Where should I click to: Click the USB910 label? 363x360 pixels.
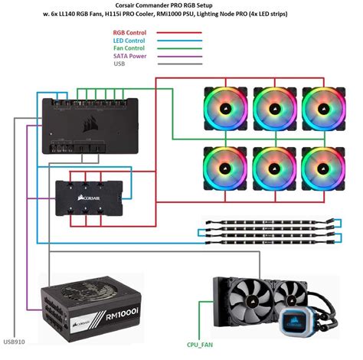(15, 341)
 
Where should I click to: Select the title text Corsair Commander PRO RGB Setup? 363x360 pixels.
(181, 6)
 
